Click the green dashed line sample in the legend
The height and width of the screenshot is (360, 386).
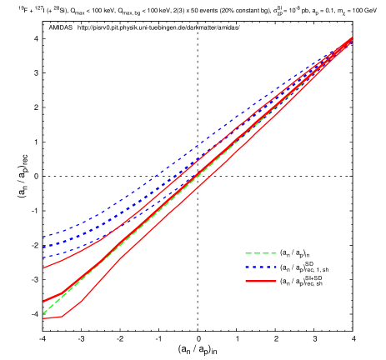click(x=260, y=253)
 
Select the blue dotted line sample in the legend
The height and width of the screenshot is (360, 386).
click(x=260, y=267)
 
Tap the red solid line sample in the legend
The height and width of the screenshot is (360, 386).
click(x=260, y=282)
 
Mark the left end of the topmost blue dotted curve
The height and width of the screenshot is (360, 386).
click(x=43, y=237)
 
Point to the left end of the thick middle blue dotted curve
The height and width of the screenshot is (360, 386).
click(x=43, y=247)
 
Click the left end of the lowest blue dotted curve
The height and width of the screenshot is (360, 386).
click(x=43, y=257)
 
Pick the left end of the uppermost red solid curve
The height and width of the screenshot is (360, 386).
click(x=43, y=268)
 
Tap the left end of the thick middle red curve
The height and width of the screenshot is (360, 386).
click(x=43, y=302)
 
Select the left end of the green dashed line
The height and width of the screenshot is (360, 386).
click(x=43, y=313)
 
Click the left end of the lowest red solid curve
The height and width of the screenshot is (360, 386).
click(x=43, y=318)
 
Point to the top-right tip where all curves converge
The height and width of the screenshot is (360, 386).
click(x=352, y=37)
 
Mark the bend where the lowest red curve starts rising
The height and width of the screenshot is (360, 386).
click(x=63, y=317)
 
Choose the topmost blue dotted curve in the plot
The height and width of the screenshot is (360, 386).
click(x=167, y=170)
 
